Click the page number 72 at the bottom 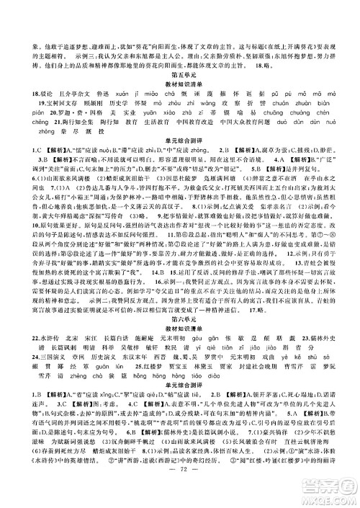coord(180,478)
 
